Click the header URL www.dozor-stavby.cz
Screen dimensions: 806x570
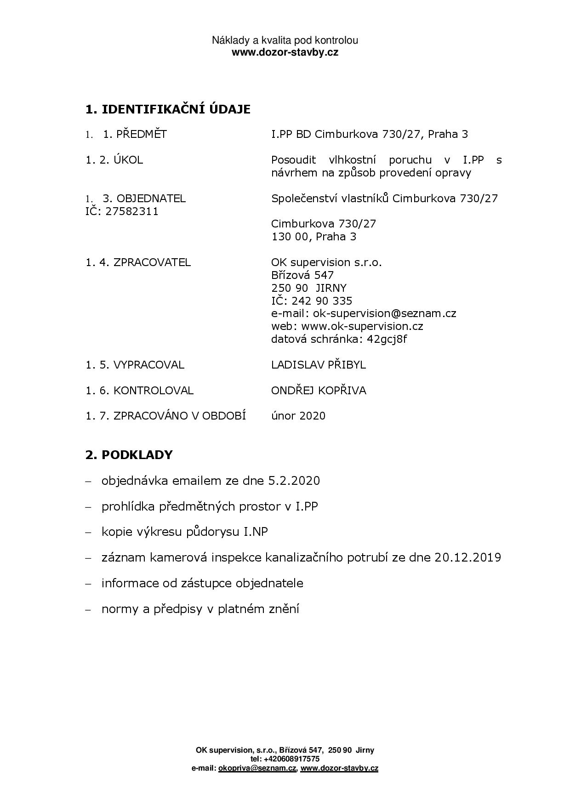click(285, 52)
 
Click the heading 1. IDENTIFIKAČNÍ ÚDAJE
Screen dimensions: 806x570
click(168, 109)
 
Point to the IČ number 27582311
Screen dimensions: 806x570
click(132, 211)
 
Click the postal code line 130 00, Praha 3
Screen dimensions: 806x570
click(313, 237)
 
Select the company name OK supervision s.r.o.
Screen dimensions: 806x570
click(326, 262)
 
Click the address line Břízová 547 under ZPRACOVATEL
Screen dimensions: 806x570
click(302, 275)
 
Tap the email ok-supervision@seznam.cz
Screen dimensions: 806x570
click(384, 314)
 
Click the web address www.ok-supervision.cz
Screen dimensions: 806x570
click(361, 327)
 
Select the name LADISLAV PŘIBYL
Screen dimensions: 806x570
click(318, 365)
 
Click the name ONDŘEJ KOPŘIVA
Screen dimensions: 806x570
click(318, 391)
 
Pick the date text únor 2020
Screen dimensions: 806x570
click(298, 416)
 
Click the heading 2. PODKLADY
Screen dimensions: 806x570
click(129, 454)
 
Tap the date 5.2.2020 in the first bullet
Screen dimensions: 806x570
click(293, 481)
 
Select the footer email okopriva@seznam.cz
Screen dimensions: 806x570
click(257, 768)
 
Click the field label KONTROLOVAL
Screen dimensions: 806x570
click(153, 391)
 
